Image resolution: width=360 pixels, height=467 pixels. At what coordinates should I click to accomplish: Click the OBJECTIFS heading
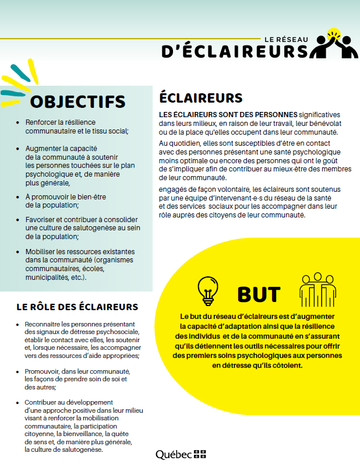77,101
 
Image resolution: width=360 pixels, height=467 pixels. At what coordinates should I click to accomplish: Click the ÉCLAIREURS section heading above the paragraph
200,97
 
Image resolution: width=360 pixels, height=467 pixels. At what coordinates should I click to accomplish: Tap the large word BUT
259,295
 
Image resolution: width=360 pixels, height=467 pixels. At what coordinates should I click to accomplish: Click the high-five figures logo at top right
334,45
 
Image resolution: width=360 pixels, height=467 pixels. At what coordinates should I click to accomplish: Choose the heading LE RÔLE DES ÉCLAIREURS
77,307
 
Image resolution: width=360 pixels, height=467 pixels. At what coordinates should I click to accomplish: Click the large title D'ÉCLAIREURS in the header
235,51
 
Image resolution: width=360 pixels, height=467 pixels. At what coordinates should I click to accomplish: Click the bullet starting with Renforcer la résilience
76,127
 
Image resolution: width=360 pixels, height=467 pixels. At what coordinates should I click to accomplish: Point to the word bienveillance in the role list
99,434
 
